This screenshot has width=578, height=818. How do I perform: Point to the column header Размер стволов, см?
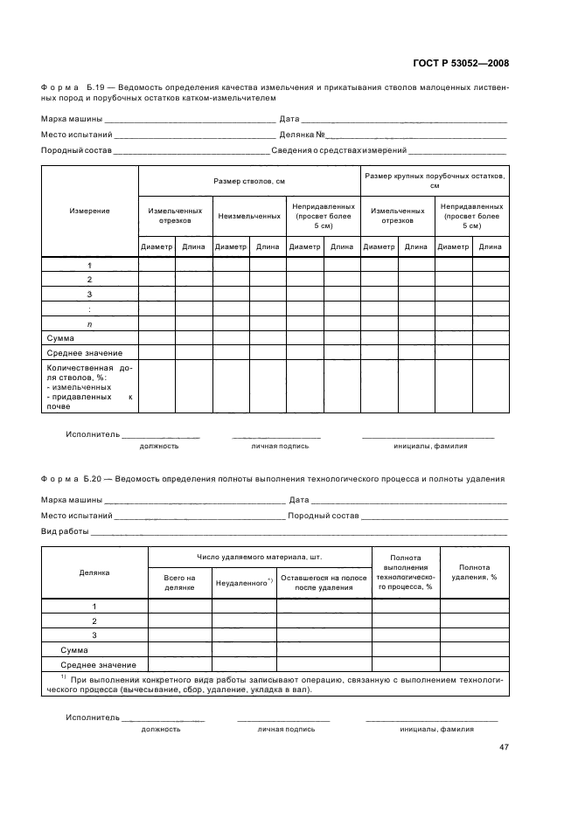coord(249,181)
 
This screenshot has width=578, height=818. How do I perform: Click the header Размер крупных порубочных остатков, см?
coord(435,181)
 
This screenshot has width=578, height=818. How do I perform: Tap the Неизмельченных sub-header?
coord(249,215)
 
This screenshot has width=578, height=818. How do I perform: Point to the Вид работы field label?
coord(66,531)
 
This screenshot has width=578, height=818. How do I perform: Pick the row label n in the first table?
coord(89,323)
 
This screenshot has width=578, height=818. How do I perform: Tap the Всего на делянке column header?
coord(179,582)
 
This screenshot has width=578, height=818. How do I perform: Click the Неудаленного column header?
coord(244,582)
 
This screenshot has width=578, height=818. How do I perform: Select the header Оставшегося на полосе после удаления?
coord(324,582)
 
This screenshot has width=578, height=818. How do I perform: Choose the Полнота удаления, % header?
coord(475,572)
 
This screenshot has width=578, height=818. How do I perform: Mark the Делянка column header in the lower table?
coord(94,572)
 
